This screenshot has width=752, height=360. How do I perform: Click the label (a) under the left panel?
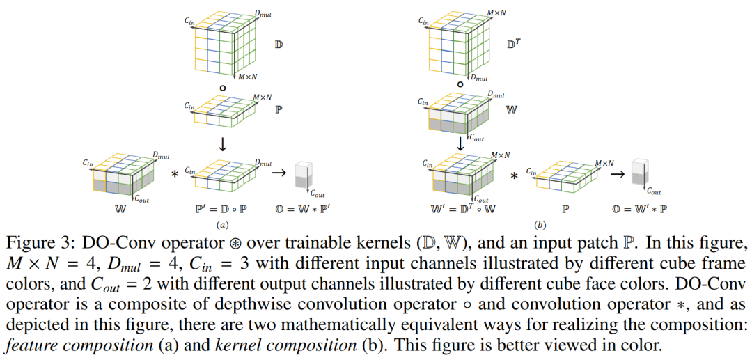pyautogui.click(x=222, y=225)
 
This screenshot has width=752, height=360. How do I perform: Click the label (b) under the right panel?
pyautogui.click(x=540, y=225)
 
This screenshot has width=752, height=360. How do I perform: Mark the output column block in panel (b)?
pyautogui.click(x=639, y=174)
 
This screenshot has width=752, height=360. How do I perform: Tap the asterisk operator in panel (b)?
pyautogui.click(x=514, y=177)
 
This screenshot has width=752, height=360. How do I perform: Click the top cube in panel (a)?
pyautogui.click(x=221, y=43)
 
